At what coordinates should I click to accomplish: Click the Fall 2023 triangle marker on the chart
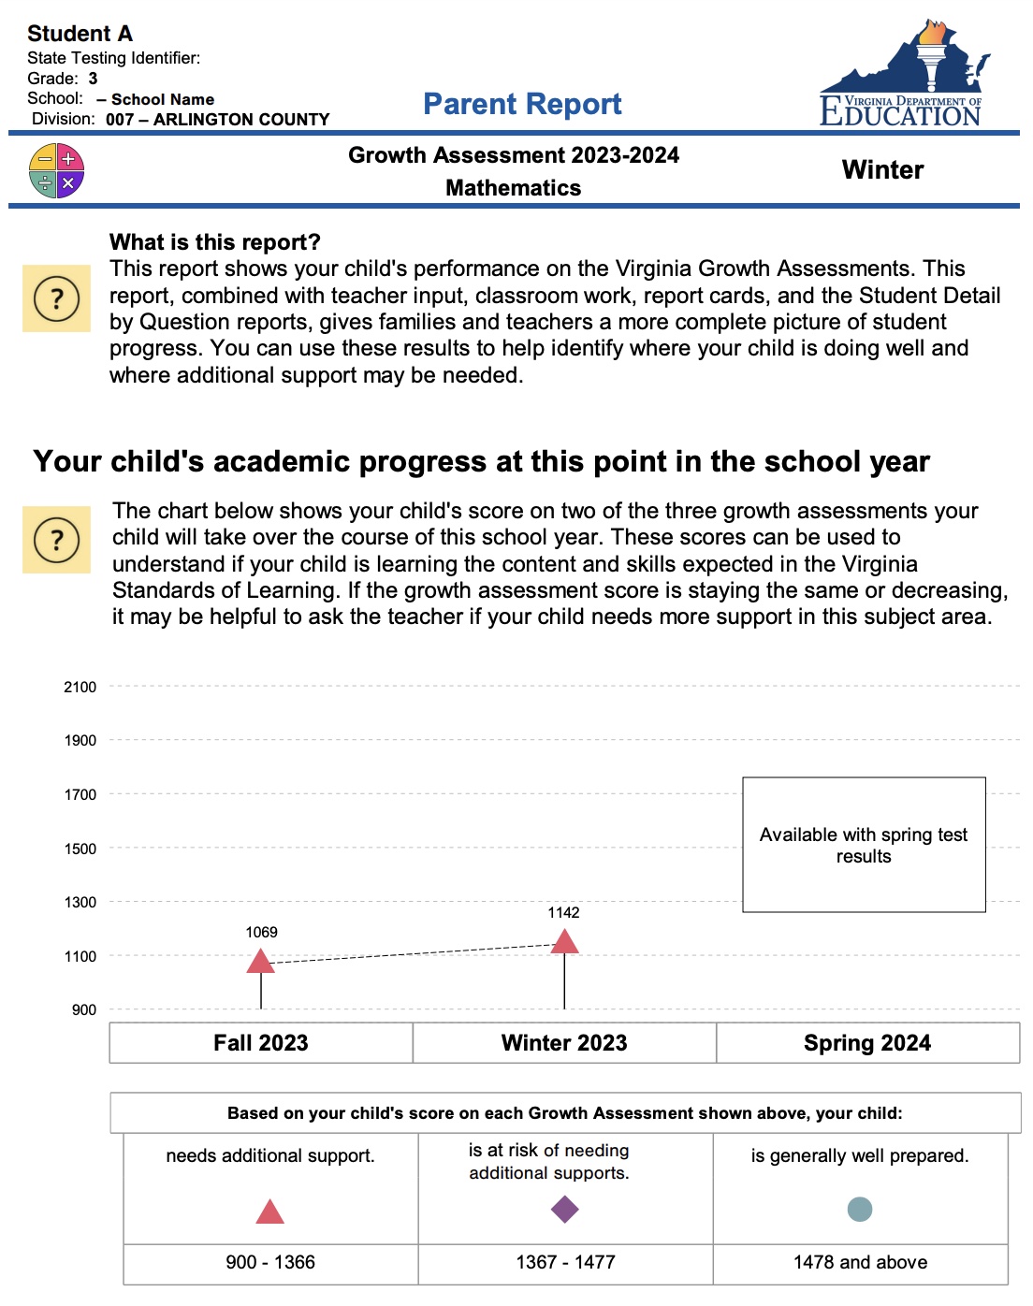[260, 962]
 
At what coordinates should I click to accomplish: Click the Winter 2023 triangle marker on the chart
[564, 942]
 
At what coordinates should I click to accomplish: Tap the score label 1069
[261, 932]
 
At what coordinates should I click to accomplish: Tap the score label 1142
[563, 912]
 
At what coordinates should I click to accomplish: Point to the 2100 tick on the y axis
[80, 687]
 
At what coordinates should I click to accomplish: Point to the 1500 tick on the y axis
[80, 849]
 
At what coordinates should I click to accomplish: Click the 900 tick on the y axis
[84, 1009]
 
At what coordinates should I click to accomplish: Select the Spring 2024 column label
[867, 1043]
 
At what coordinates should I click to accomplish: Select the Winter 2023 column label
[564, 1043]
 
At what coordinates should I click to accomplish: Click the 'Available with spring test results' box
[864, 845]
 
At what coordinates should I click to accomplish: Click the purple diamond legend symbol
[565, 1210]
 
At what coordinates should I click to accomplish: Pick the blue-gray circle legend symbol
[859, 1210]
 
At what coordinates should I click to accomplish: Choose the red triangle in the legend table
[269, 1212]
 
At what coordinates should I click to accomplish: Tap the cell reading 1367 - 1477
[565, 1262]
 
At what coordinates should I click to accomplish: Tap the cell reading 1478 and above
[860, 1262]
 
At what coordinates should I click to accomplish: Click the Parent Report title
[522, 104]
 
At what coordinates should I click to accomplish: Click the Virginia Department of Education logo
[902, 75]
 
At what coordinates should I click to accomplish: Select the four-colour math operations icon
[57, 171]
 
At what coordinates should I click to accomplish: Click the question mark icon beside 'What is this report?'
[56, 299]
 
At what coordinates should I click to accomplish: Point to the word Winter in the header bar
[882, 170]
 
